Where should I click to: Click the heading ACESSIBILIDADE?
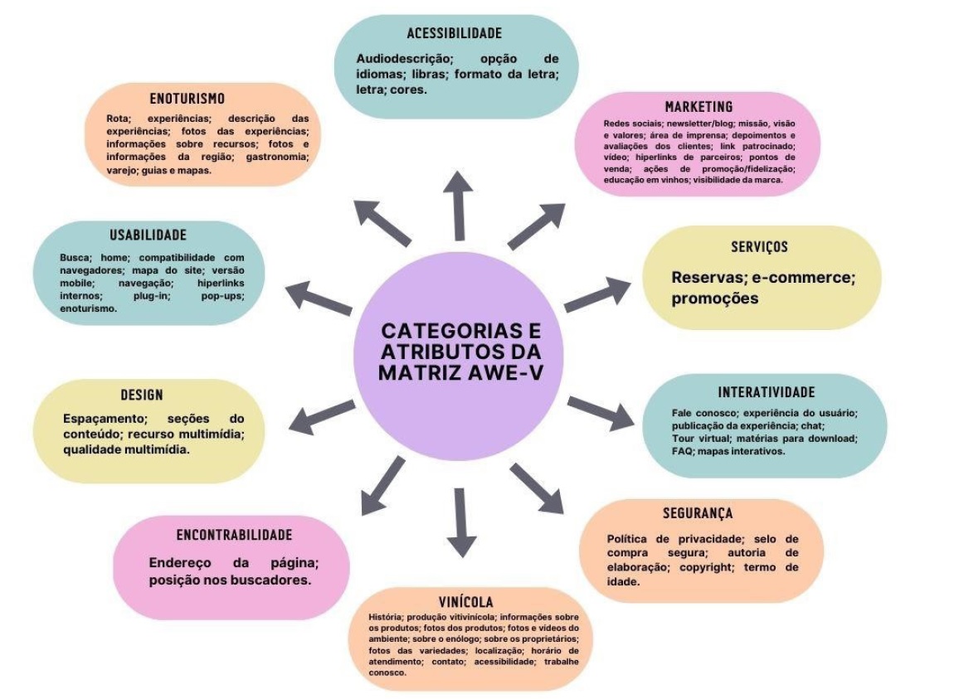tap(455, 34)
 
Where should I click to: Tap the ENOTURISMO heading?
tap(187, 99)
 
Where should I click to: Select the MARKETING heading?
tap(699, 107)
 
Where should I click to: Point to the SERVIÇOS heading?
tap(759, 247)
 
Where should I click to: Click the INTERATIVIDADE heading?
tap(766, 392)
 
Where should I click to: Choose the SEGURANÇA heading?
tap(698, 513)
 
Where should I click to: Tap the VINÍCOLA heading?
tap(466, 601)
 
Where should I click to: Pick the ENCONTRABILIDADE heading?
tap(234, 536)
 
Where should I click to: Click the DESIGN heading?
tap(142, 395)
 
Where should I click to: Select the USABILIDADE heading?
tap(148, 235)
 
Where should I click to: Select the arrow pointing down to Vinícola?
tap(461, 522)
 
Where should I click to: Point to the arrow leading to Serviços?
tap(596, 294)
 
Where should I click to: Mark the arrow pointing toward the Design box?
tap(320, 417)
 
